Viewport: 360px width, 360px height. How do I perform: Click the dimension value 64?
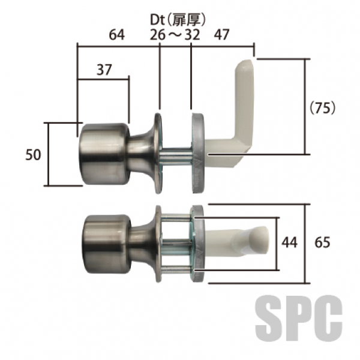(x=116, y=35)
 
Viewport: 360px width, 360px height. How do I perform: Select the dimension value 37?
(x=104, y=70)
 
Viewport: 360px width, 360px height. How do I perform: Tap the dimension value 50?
(x=33, y=155)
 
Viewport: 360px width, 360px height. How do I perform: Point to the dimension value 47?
(x=221, y=35)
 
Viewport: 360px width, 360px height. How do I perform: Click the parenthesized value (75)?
(x=322, y=108)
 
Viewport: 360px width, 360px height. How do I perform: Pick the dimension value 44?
(x=290, y=242)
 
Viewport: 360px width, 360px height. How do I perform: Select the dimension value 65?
(x=322, y=242)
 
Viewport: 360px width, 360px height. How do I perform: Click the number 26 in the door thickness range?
(x=157, y=35)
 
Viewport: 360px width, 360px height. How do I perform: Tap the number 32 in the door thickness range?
(x=192, y=35)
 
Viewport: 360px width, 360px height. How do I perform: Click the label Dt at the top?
(x=157, y=20)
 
